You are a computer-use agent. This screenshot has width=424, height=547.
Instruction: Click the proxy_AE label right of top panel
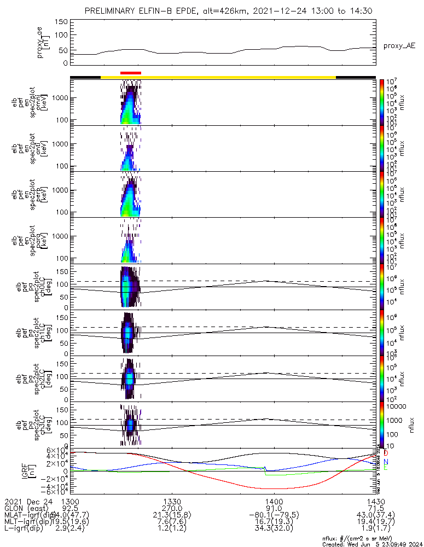[x=399, y=46]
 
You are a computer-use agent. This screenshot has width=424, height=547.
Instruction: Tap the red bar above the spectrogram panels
[x=131, y=72]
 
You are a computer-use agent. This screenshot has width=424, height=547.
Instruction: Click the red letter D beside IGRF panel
[x=386, y=453]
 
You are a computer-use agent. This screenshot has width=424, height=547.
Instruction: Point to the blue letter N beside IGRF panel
[x=386, y=462]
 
